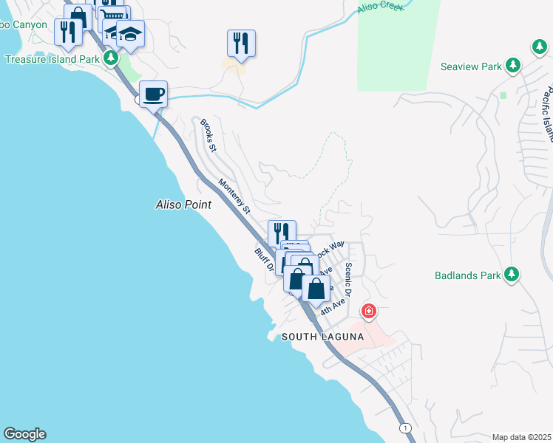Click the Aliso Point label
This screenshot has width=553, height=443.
tap(183, 205)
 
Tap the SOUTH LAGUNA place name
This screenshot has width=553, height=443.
tap(322, 337)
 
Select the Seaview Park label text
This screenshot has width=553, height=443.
tap(471, 66)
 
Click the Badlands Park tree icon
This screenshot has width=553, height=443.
tap(512, 276)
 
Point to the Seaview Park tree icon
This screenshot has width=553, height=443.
tap(513, 66)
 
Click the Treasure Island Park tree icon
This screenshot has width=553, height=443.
tap(110, 57)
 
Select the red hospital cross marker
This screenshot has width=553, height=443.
tap(367, 312)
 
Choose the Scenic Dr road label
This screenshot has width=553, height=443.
tap(349, 273)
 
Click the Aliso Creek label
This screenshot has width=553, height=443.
tap(377, 9)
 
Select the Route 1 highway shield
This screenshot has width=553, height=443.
tap(404, 427)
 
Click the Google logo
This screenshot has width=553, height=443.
tap(24, 434)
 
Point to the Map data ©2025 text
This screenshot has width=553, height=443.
tap(521, 437)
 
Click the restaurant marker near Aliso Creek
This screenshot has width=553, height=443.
tap(241, 44)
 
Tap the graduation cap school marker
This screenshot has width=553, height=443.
tap(131, 34)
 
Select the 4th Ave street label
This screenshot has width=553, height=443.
tap(333, 306)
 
